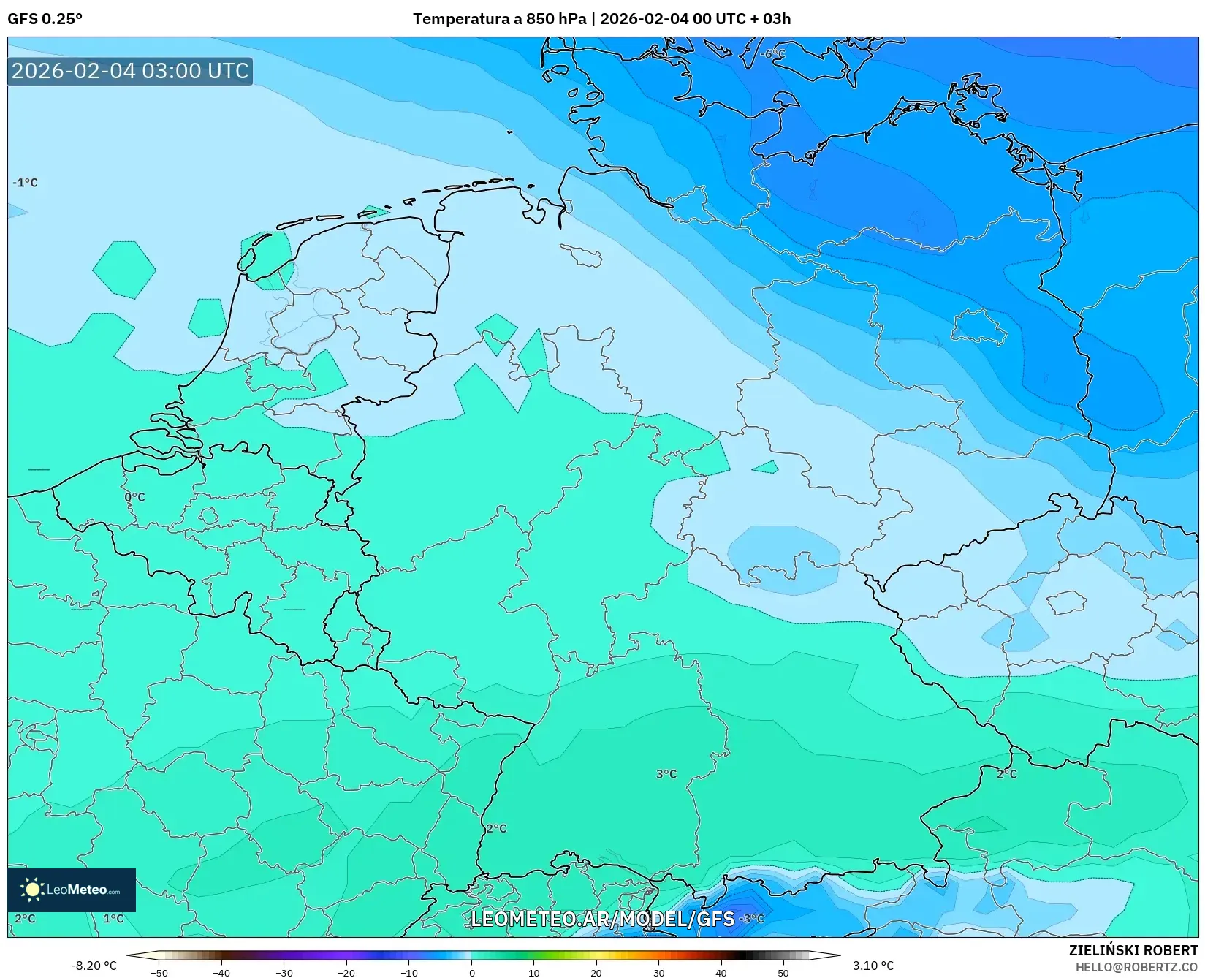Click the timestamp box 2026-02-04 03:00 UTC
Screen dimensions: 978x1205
pos(130,71)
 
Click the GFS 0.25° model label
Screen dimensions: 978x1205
pos(45,19)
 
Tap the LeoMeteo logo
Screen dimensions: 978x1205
pos(72,890)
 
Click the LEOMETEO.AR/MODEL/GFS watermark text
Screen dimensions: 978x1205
pos(602,919)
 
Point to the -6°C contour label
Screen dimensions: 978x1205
pos(772,54)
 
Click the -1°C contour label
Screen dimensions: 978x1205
pos(25,183)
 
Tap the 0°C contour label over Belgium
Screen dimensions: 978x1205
pos(134,497)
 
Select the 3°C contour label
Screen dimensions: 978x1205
pos(666,774)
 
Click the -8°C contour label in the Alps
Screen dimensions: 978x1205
pos(752,919)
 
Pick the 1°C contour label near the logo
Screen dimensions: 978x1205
pos(113,919)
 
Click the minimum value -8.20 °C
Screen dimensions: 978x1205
pos(94,966)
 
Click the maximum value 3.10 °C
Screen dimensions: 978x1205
pos(873,966)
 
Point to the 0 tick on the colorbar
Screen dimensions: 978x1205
pos(471,973)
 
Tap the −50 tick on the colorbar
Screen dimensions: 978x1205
pos(159,973)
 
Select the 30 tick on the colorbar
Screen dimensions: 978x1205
pos(659,973)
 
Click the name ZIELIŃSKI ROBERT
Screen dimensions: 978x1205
pos(1133,951)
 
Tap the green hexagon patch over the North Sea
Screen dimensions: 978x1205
pos(124,270)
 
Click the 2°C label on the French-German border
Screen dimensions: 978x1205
pos(496,828)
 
